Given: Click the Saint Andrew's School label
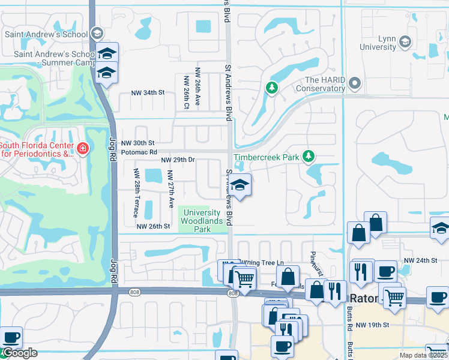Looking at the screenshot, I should tap(46, 34).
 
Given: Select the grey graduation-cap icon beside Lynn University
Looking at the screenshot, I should tap(405, 41).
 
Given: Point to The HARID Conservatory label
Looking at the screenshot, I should tap(325, 85).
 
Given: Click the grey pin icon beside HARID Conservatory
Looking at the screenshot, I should tap(355, 83).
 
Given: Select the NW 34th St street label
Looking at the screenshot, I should tap(148, 93).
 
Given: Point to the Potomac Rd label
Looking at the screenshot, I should tap(139, 152).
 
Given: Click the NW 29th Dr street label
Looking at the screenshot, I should tap(178, 160).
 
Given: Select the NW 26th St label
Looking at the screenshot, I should tap(154, 226).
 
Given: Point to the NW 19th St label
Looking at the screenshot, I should tap(373, 325).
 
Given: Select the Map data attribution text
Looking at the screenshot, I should tap(423, 355).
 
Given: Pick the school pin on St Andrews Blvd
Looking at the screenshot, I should tap(240, 187).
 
